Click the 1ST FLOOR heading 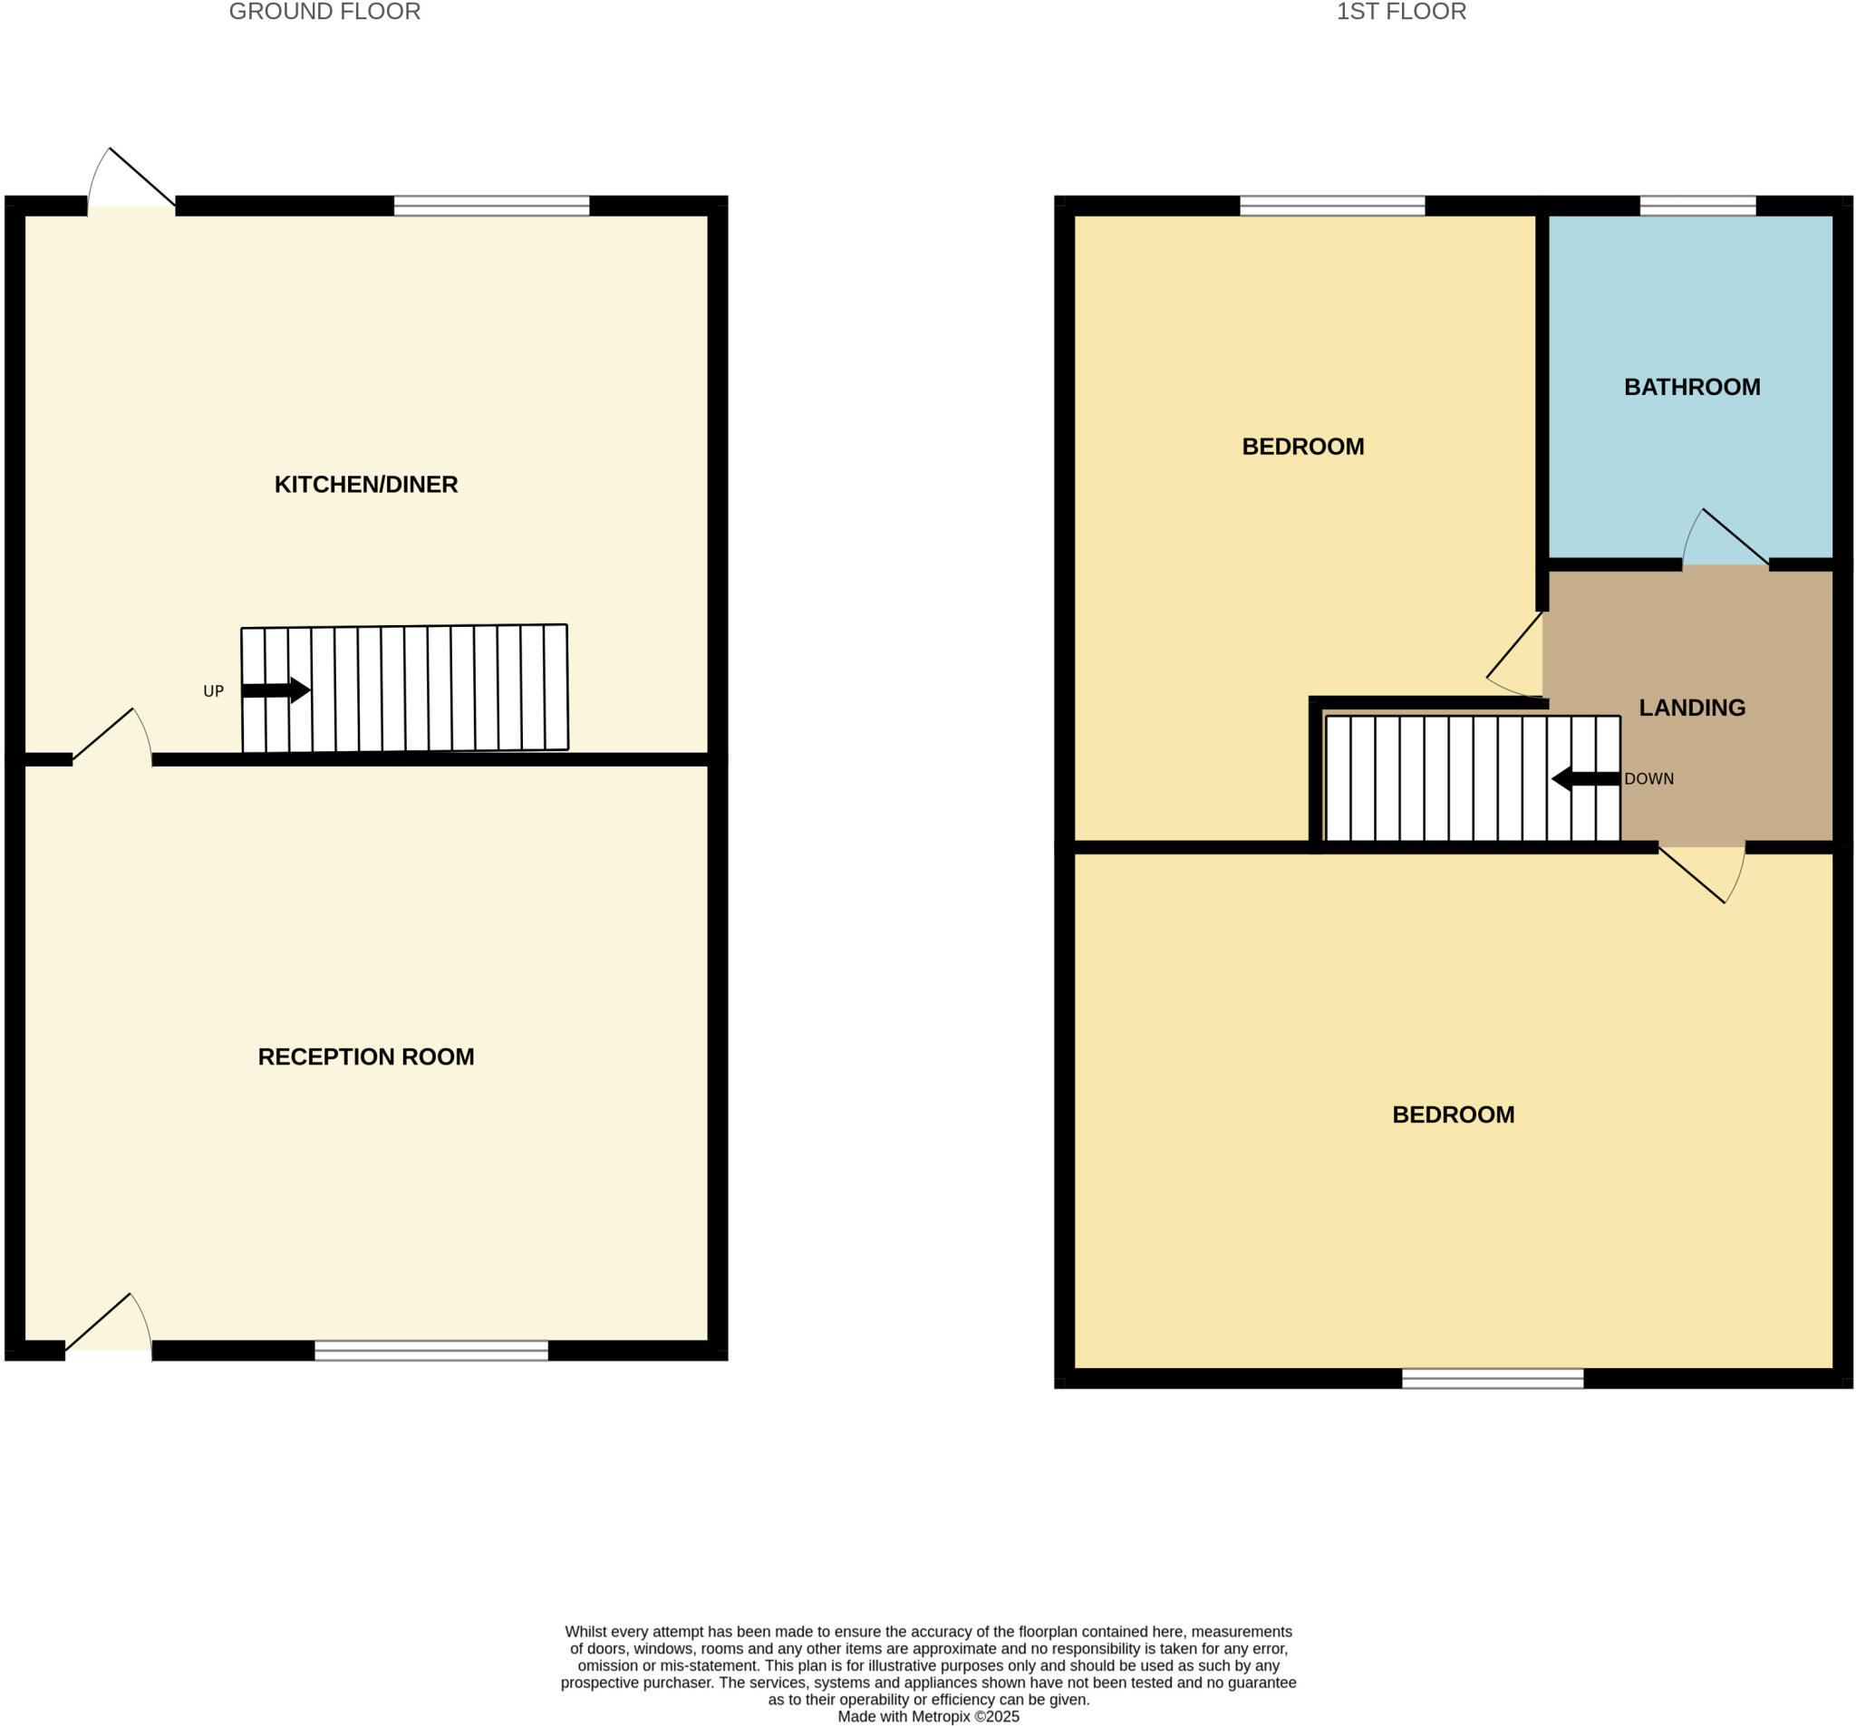[1400, 12]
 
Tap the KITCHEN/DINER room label [366, 485]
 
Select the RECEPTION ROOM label [366, 1056]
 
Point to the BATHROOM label [1692, 388]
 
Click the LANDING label [1692, 708]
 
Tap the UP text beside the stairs [214, 691]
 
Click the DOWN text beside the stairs [1648, 779]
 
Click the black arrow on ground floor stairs [275, 690]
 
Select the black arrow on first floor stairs [1585, 778]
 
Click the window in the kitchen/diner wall [491, 206]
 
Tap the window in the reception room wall [431, 1350]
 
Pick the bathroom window [1697, 206]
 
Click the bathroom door [1725, 542]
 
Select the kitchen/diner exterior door [131, 182]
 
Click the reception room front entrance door [107, 1326]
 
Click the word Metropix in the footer [941, 1717]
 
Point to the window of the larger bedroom [1492, 1378]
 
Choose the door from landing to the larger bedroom [1701, 873]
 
